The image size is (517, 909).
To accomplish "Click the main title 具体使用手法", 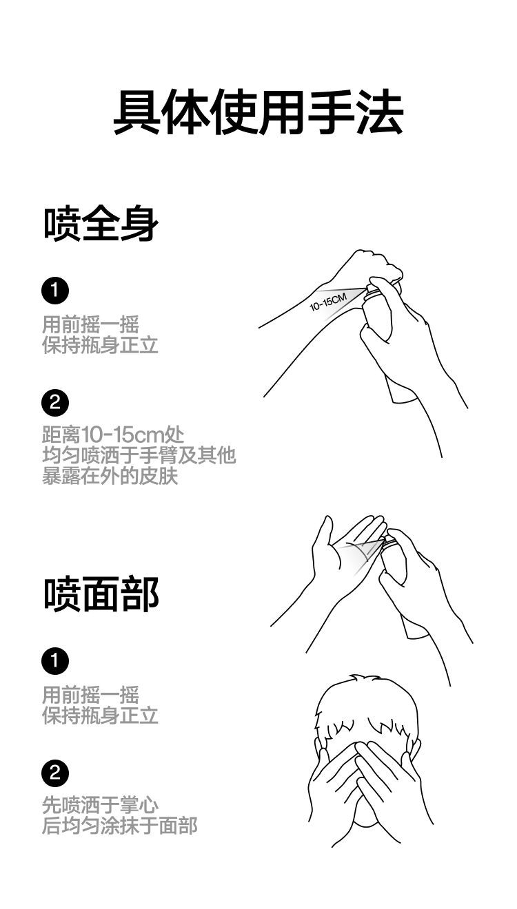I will tap(258, 112).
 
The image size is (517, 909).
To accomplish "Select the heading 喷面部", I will tap(101, 594).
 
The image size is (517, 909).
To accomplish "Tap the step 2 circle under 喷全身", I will tap(55, 402).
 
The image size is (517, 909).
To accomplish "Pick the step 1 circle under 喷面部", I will tap(55, 662).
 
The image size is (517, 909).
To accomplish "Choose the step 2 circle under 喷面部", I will tap(55, 773).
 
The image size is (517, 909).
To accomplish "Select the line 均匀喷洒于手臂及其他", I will tap(139, 455).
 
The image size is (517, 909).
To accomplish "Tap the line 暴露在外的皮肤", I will tap(110, 475).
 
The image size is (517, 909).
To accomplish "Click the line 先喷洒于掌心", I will tap(100, 805).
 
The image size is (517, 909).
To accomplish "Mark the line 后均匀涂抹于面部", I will tap(119, 825).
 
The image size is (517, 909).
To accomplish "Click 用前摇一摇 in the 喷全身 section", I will tap(90, 324).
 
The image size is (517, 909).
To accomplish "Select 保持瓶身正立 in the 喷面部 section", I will tap(100, 715).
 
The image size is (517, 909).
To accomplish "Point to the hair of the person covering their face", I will tap(369, 702).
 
